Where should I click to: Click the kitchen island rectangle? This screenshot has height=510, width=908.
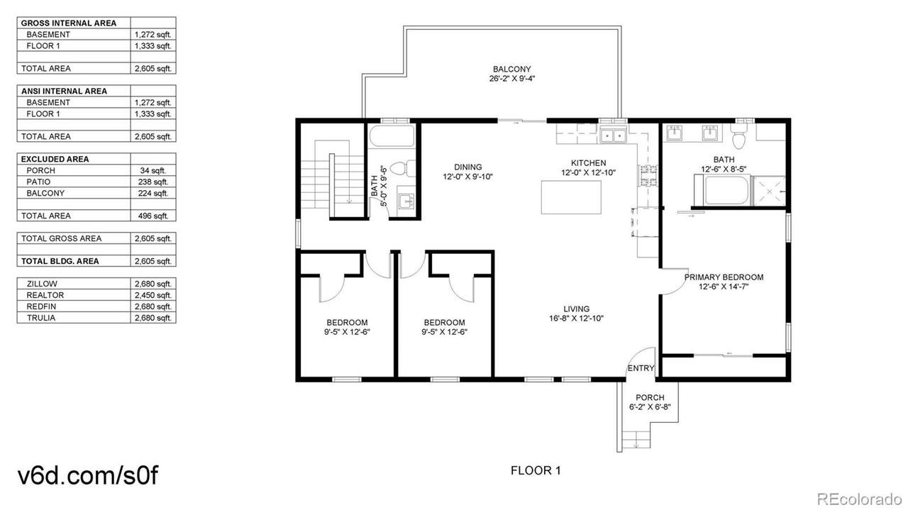[x=571, y=197]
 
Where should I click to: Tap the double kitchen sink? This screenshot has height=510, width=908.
[x=613, y=135]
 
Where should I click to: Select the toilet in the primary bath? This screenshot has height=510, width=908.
[x=739, y=136]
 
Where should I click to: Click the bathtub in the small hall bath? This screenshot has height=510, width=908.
[x=392, y=135]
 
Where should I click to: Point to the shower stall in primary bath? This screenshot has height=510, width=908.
[x=769, y=191]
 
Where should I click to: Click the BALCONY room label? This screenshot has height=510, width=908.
[x=511, y=70]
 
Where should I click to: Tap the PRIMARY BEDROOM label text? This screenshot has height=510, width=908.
[x=724, y=277]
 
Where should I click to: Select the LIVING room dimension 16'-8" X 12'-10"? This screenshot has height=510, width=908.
[x=576, y=318]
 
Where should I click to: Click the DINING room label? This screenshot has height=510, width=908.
[x=467, y=167]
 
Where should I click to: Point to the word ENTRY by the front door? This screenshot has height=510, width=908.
[x=641, y=368]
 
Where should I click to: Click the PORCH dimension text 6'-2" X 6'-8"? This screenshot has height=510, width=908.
[x=650, y=407]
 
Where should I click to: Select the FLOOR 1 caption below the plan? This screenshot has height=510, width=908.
[x=536, y=471]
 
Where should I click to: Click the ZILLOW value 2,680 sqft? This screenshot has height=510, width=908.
[x=153, y=284]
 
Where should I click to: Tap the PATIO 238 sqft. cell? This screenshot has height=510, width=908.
[x=153, y=182]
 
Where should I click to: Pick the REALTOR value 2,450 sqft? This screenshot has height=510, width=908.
[x=153, y=295]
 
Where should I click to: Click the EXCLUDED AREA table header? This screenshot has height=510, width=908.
[x=55, y=159]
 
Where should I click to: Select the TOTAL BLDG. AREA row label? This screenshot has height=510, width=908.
[x=60, y=261]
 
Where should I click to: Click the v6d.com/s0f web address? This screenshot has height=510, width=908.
[x=88, y=475]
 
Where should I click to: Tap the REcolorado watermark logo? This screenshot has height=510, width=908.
[x=859, y=498]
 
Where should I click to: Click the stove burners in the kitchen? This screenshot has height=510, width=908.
[x=648, y=175]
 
